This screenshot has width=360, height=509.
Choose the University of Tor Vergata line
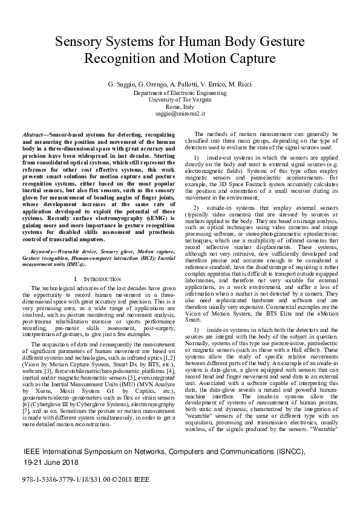180,99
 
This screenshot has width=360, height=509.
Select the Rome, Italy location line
180,106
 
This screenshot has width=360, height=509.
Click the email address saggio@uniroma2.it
180,113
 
